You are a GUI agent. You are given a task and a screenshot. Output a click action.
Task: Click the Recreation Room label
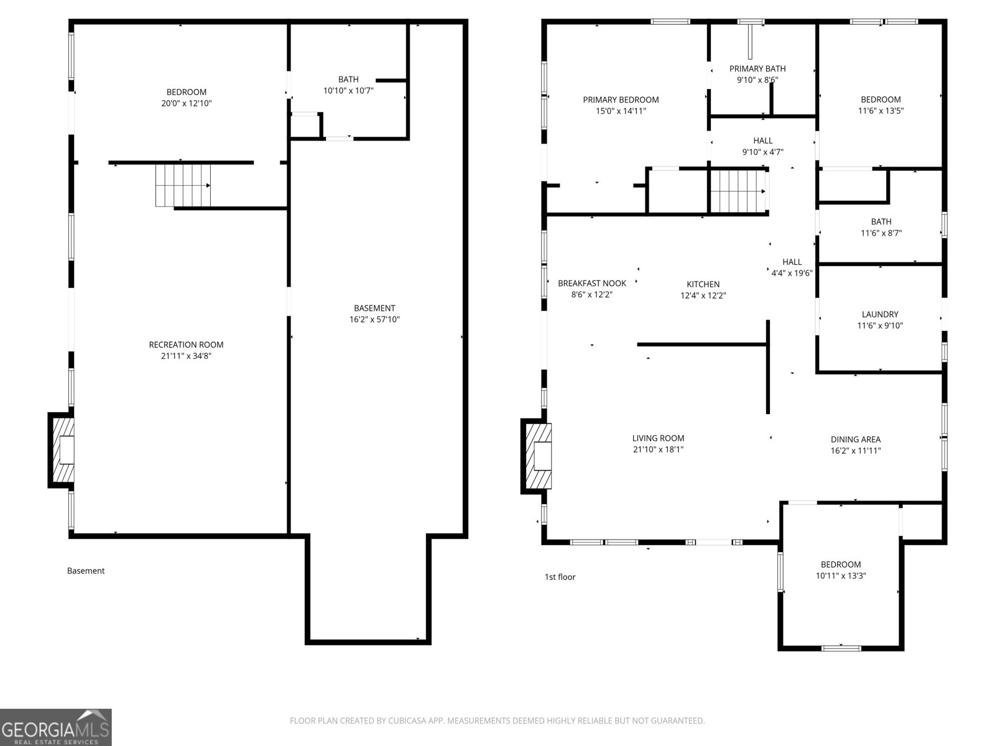pyautogui.click(x=186, y=344)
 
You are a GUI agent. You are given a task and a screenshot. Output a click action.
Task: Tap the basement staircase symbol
pyautogui.click(x=183, y=185)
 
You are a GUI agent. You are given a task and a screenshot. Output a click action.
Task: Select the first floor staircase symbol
pyautogui.click(x=738, y=191)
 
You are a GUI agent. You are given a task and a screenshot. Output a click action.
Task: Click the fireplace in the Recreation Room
pyautogui.click(x=62, y=450)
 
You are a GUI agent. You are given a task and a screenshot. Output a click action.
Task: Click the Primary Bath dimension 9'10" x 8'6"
pyautogui.click(x=757, y=80)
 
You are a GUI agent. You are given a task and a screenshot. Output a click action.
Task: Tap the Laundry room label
pyautogui.click(x=880, y=315)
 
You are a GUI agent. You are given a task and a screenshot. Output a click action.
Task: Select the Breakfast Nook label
pyautogui.click(x=592, y=283)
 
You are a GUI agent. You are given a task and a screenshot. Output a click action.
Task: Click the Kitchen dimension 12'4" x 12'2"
pyautogui.click(x=703, y=296)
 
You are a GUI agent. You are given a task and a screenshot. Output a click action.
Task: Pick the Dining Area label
pyautogui.click(x=856, y=439)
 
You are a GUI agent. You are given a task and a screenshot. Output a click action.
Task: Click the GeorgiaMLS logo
pyautogui.click(x=55, y=727)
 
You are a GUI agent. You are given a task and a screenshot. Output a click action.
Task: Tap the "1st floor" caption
pyautogui.click(x=560, y=577)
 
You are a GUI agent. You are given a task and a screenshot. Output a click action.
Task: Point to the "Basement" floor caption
pyautogui.click(x=86, y=571)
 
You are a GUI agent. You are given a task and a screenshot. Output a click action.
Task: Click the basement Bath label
pyautogui.click(x=348, y=79)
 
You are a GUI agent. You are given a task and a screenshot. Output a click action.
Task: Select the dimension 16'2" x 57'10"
pyautogui.click(x=374, y=320)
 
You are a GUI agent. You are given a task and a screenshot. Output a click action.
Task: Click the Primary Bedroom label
pyautogui.click(x=621, y=99)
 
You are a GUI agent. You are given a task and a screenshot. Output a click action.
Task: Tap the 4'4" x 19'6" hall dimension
pyautogui.click(x=792, y=273)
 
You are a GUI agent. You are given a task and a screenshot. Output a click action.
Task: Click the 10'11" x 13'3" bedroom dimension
pyautogui.click(x=841, y=576)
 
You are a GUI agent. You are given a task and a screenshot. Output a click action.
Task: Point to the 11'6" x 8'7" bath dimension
pyautogui.click(x=881, y=233)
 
